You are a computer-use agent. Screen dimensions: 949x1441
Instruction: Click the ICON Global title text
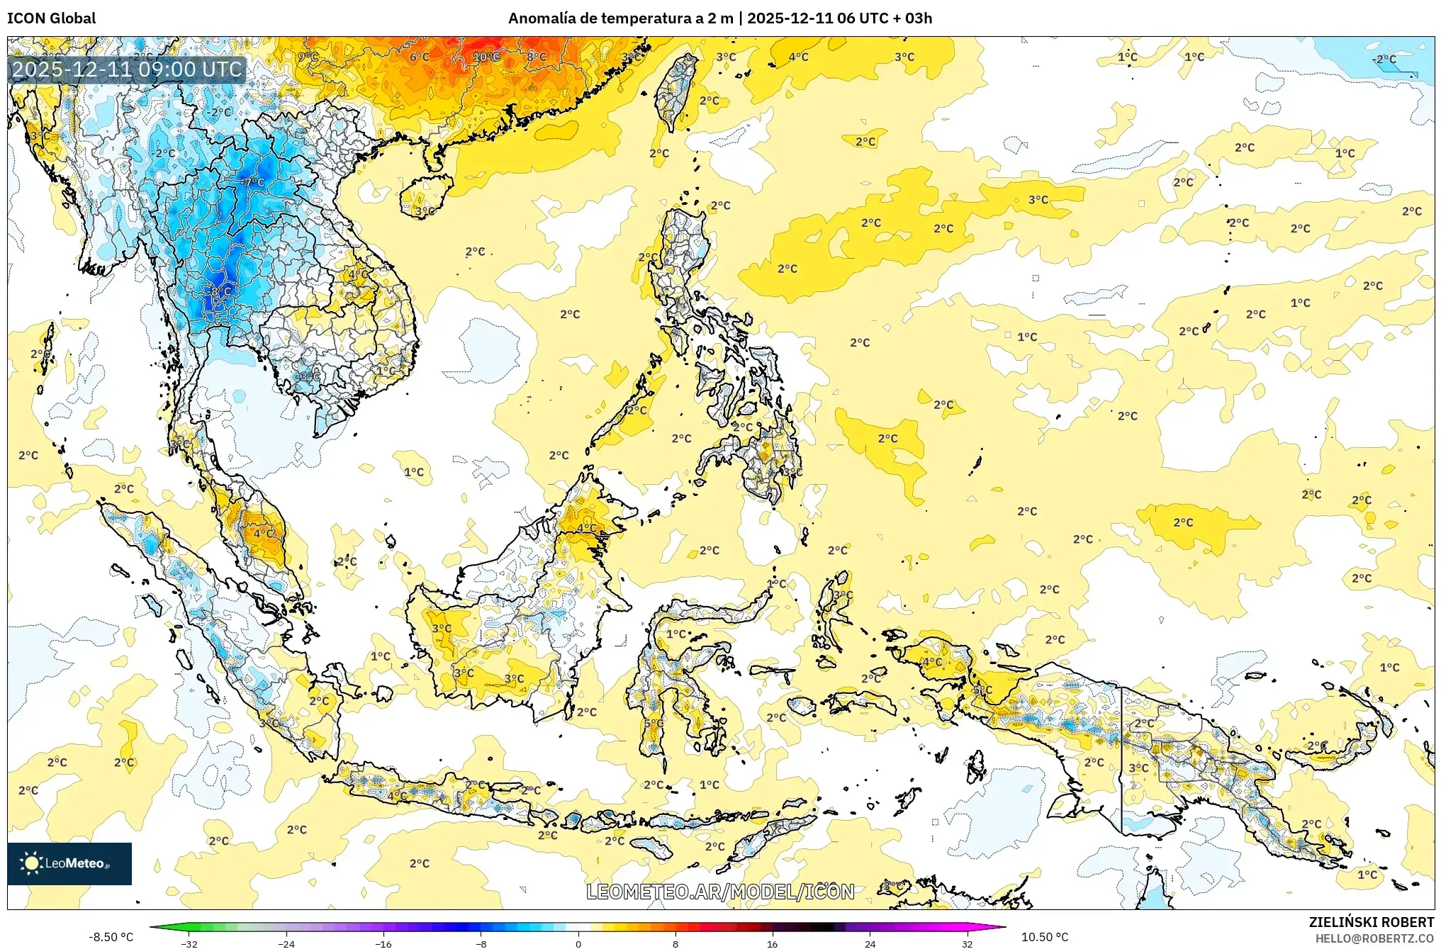(51, 18)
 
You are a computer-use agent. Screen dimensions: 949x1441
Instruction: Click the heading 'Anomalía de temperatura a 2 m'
(620, 18)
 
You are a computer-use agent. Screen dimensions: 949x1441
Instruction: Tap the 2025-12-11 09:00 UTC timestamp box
(128, 69)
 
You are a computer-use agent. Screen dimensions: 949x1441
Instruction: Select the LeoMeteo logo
(69, 863)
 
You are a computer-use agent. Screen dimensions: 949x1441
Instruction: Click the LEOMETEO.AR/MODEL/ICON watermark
(720, 892)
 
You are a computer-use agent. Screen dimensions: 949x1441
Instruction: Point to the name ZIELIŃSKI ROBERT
(1371, 922)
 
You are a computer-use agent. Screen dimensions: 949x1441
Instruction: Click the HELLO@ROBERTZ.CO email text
(1374, 938)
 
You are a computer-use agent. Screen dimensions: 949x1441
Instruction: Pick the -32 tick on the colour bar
(189, 943)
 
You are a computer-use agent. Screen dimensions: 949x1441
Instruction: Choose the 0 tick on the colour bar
(578, 943)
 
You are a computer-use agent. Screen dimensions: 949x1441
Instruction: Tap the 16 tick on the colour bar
(773, 943)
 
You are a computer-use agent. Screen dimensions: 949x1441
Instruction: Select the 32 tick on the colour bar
(967, 943)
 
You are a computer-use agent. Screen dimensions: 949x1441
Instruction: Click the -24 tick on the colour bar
(286, 943)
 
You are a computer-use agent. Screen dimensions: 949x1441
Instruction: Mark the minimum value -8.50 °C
(111, 937)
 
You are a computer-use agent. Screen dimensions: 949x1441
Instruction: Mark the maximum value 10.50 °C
(1044, 937)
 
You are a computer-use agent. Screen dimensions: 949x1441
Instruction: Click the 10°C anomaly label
(486, 57)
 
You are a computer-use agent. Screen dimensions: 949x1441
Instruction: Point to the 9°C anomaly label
(308, 57)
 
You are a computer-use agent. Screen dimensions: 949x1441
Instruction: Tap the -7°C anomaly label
(253, 182)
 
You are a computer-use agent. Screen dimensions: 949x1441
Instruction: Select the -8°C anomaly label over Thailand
(220, 291)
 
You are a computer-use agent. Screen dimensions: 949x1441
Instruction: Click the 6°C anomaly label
(420, 57)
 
